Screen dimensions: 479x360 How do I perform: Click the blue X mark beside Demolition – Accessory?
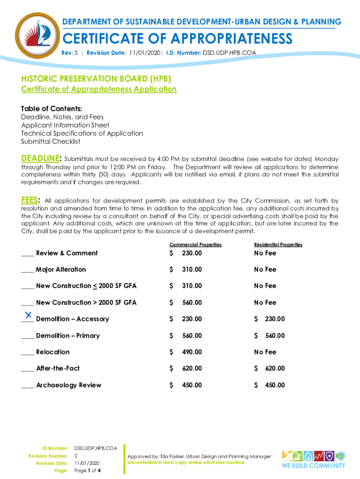click(x=28, y=314)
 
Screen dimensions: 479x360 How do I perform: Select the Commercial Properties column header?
click(x=195, y=245)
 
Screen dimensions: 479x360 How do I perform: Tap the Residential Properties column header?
click(x=278, y=245)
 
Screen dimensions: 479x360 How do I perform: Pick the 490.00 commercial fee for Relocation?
click(x=192, y=352)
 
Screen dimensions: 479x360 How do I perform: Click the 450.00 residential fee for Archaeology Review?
click(x=274, y=385)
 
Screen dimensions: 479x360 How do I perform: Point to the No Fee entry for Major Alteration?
click(x=265, y=269)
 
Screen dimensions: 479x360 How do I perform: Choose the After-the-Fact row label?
click(x=58, y=369)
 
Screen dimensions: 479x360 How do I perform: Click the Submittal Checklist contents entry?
click(x=50, y=142)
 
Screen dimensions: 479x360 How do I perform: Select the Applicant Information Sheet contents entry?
click(x=65, y=125)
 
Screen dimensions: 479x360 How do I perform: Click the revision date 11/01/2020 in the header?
click(x=144, y=53)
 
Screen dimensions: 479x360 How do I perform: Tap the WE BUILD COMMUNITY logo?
click(x=313, y=459)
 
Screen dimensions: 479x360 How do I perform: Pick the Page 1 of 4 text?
click(x=88, y=470)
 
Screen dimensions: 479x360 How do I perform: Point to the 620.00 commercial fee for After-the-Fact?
click(x=192, y=369)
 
